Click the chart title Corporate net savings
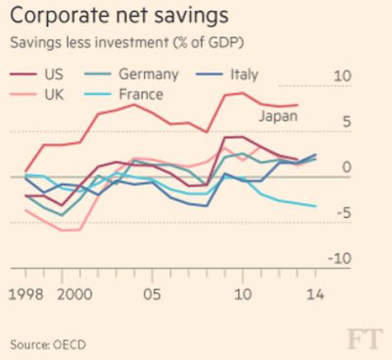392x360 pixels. coord(120,15)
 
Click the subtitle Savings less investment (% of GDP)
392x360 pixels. coord(126,43)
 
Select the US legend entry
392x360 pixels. coord(36,74)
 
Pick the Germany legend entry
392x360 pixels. coord(131,75)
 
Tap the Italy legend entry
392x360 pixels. coord(227,75)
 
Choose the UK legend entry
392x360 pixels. coord(37,94)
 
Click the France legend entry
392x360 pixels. coord(123,94)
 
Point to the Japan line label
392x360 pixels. coord(278,116)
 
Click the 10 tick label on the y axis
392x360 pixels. coord(342,76)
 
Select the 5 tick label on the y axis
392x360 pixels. coord(347,122)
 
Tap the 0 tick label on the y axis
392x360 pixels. coord(347,167)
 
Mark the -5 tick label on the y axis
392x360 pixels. coord(343,213)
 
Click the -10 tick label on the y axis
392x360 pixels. coord(340,259)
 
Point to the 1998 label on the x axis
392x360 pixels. coord(25,294)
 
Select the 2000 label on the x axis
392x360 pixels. coord(74,294)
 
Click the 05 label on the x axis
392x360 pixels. coord(152,294)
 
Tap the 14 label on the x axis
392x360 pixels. coord(316,294)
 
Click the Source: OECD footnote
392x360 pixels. coord(48,344)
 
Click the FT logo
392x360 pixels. coord(365,339)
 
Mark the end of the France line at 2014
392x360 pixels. coord(316,206)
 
